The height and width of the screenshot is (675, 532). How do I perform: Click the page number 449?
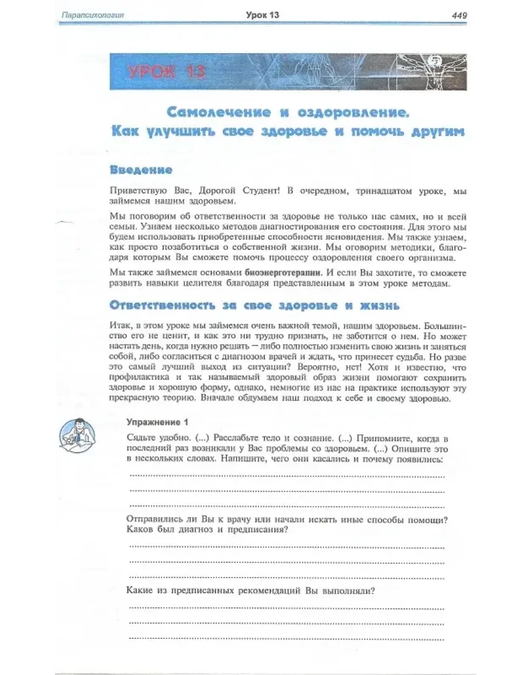coord(459,16)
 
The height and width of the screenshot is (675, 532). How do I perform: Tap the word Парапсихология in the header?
coord(93,16)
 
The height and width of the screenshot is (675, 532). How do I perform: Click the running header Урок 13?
coord(262,15)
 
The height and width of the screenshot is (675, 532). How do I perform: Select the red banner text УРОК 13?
coord(166,72)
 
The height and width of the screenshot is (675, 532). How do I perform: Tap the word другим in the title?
coord(433,131)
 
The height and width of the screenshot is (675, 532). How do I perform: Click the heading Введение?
coord(141,170)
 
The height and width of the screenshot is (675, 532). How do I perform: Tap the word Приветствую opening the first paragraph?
coord(138,192)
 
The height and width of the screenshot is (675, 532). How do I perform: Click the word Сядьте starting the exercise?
coord(141,438)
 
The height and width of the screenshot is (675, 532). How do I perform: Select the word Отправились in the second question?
coord(155,519)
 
